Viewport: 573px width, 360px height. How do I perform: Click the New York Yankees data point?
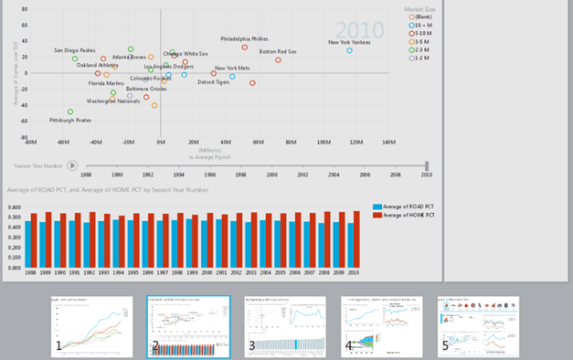[x=349, y=50]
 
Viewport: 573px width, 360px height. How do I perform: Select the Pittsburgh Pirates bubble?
[x=70, y=112]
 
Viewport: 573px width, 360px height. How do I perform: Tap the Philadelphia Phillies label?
[x=244, y=39]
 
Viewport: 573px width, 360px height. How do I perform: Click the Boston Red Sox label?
[x=278, y=52]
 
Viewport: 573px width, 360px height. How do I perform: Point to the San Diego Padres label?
[x=74, y=50]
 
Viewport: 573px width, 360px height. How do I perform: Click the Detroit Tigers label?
[x=214, y=82]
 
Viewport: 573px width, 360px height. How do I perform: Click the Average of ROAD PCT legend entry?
[x=408, y=207]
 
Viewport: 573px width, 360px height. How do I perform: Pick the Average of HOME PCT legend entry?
[x=408, y=215]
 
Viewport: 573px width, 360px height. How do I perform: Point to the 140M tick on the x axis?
[x=388, y=143]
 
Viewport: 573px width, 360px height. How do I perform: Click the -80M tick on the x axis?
[x=30, y=143]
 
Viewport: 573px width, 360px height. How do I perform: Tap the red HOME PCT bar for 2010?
[x=356, y=240]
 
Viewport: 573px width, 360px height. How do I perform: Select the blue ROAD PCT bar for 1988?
[x=28, y=245]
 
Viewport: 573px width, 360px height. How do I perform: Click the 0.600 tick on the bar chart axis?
[x=15, y=207]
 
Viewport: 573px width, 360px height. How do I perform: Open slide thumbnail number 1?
[x=91, y=326]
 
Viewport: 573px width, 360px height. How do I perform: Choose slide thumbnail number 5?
[x=478, y=326]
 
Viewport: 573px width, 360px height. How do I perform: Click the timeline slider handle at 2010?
[x=427, y=165]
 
